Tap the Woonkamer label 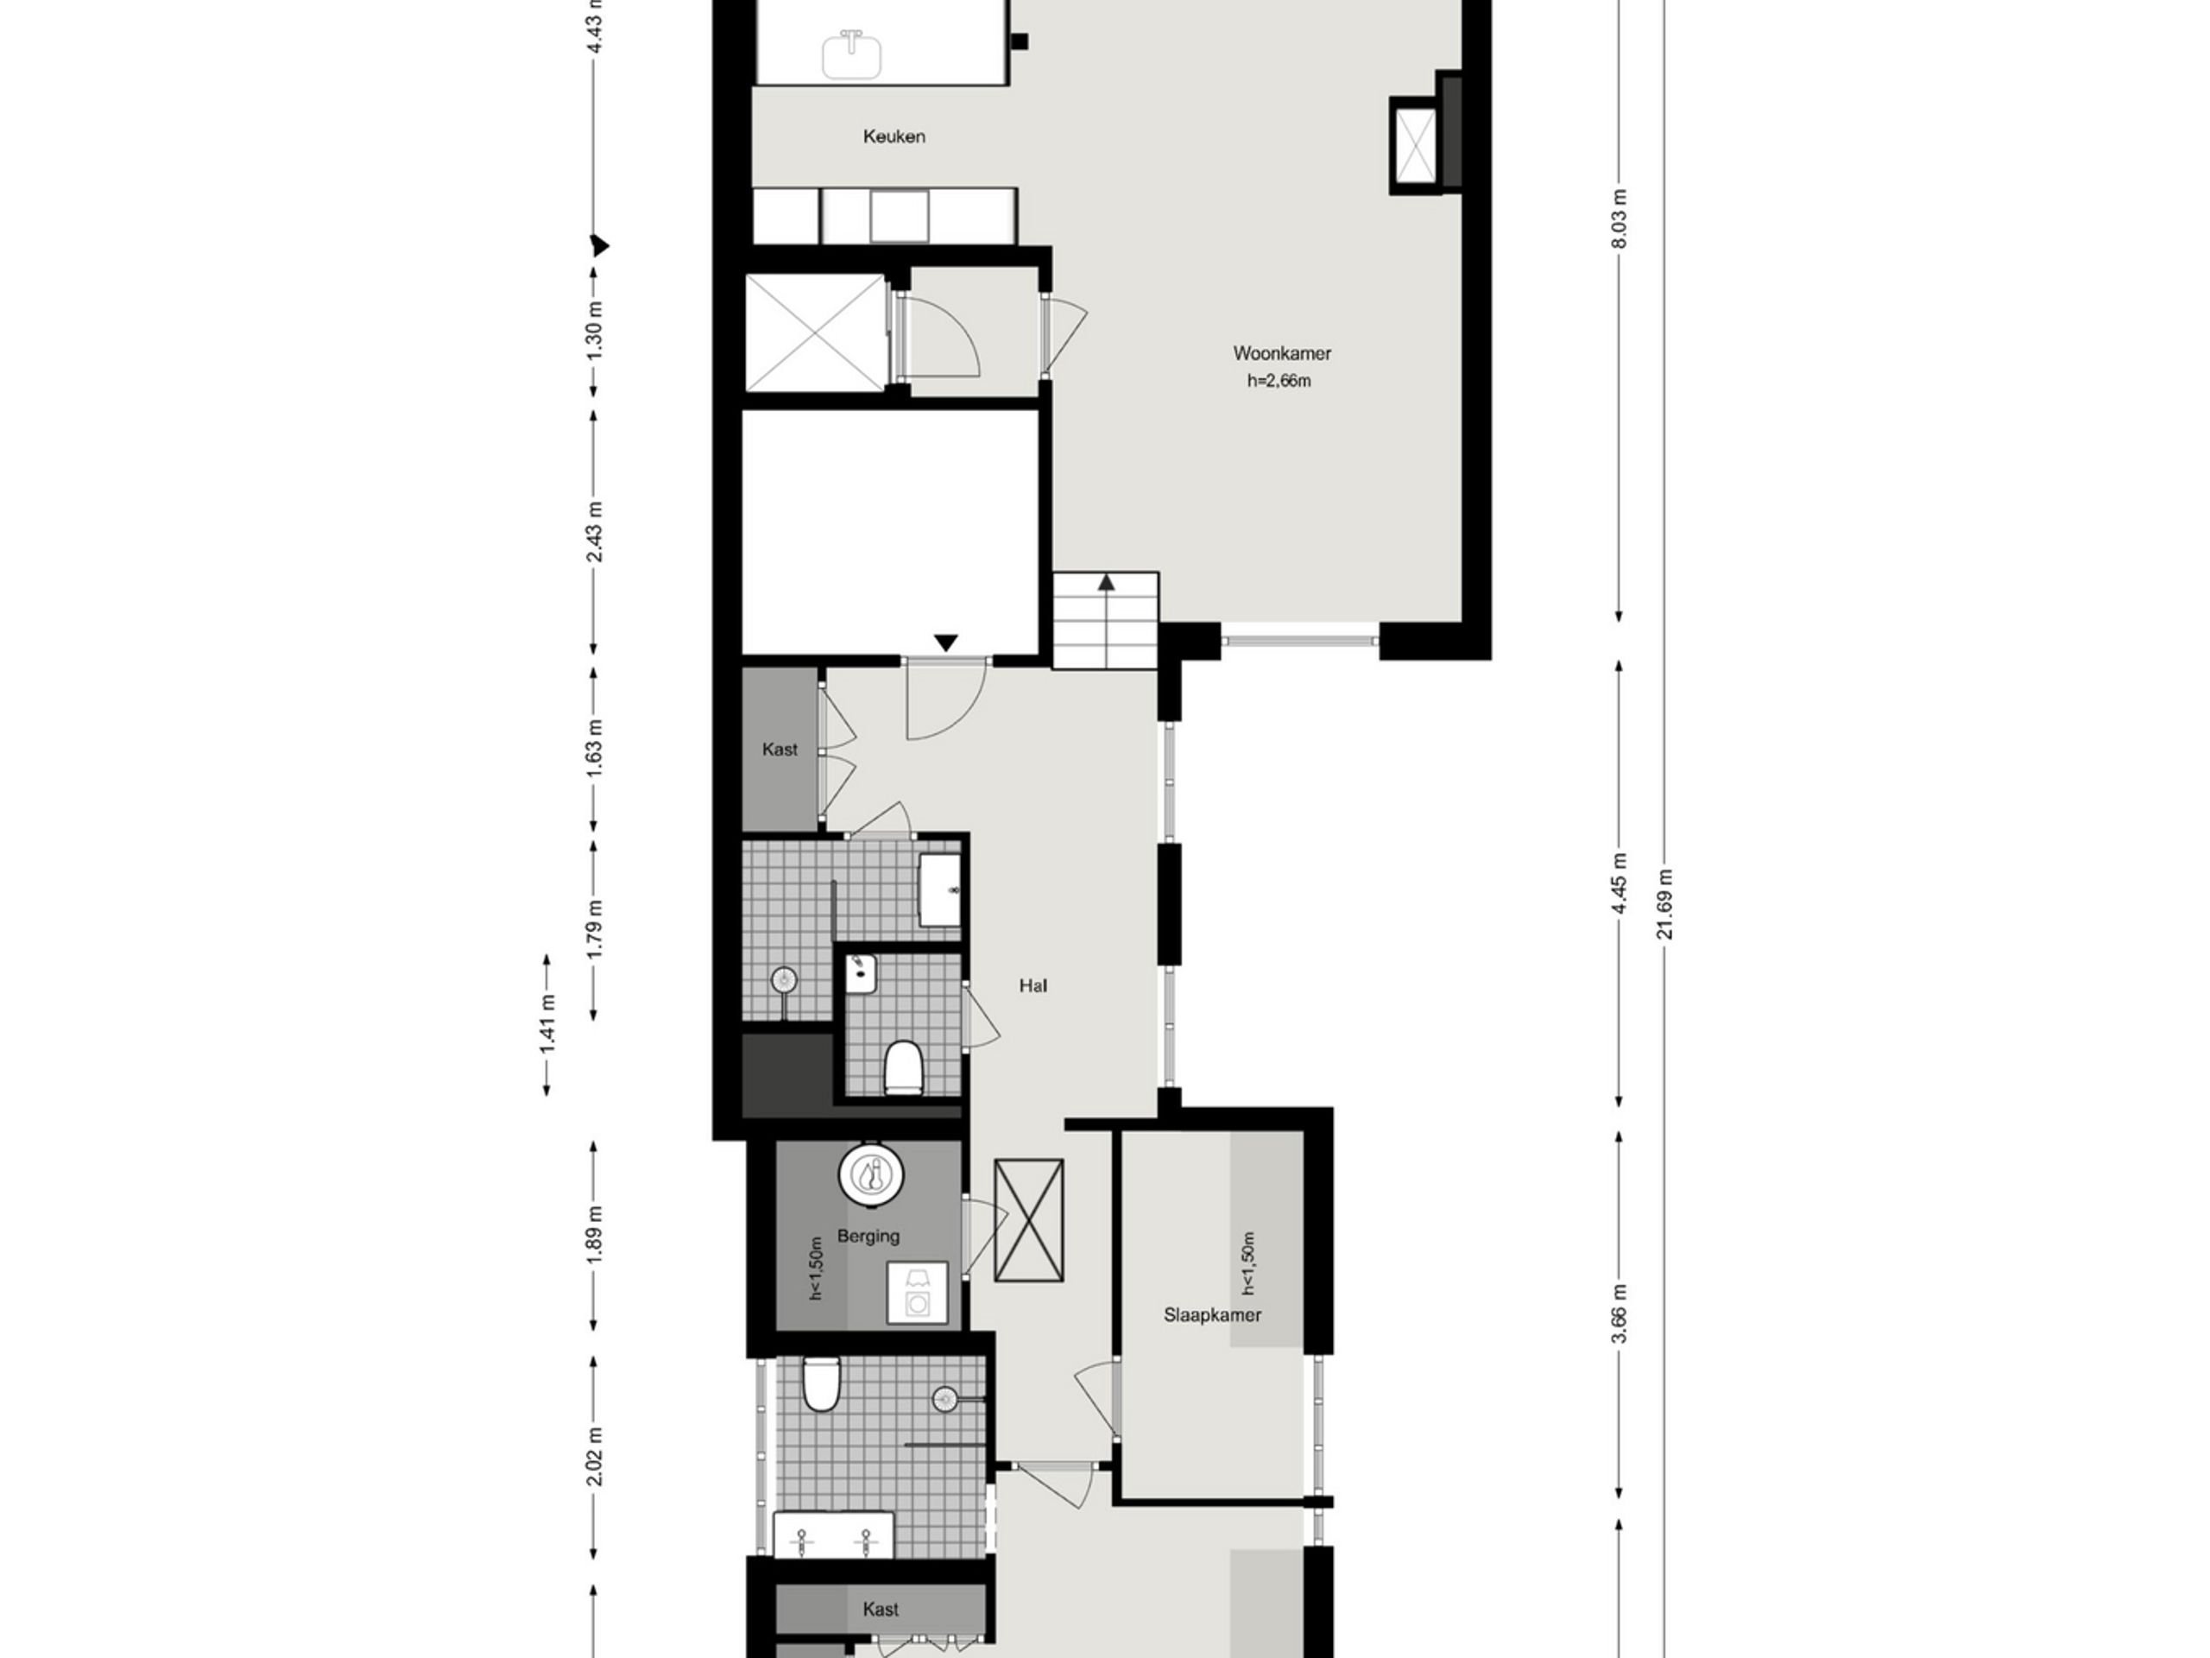pos(1282,354)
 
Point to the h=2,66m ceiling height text pos(1279,381)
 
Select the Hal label pos(1033,986)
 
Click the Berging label pos(868,1237)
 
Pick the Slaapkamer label pos(1212,1315)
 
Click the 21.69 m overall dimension pos(1664,903)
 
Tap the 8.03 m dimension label pos(1620,218)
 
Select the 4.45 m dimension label pos(1620,883)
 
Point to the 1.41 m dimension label pos(546,1024)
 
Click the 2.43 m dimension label pos(595,531)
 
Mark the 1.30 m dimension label pos(595,330)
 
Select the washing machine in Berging pos(917,1292)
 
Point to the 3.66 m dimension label pos(1620,1314)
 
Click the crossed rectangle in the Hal pos(1028,1220)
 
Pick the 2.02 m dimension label pos(595,1455)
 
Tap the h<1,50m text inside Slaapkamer pos(1247,1264)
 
